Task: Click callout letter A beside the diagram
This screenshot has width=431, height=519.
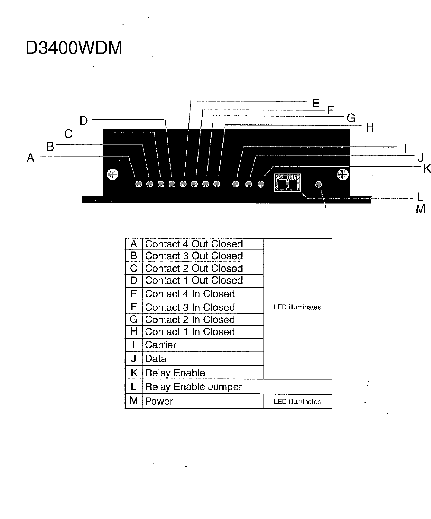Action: (x=31, y=158)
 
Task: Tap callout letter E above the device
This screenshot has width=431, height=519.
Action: (x=316, y=103)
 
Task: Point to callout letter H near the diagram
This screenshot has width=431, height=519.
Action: (x=370, y=128)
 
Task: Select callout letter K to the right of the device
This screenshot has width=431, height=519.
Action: (x=427, y=169)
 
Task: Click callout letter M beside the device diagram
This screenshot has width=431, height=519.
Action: (x=420, y=209)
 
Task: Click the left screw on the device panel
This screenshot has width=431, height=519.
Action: (x=112, y=174)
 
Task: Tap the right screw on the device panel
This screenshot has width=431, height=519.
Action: (x=343, y=174)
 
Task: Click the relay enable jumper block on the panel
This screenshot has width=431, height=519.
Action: (x=287, y=183)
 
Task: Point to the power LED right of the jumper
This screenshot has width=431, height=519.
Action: (x=319, y=184)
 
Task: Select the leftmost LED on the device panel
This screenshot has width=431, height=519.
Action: (x=139, y=184)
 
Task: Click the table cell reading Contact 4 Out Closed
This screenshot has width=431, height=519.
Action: (x=194, y=244)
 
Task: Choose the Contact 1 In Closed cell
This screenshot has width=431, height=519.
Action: (x=190, y=332)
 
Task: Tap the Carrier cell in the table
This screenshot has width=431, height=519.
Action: (x=161, y=345)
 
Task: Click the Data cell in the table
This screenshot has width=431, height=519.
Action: (x=156, y=358)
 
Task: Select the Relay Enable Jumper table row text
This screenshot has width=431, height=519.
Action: (x=193, y=387)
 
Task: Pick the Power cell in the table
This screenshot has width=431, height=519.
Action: (x=159, y=401)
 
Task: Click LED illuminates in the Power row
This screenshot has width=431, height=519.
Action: (x=297, y=402)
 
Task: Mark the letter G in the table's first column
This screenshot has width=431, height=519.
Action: (x=133, y=319)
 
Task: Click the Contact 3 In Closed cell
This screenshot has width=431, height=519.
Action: (x=190, y=307)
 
